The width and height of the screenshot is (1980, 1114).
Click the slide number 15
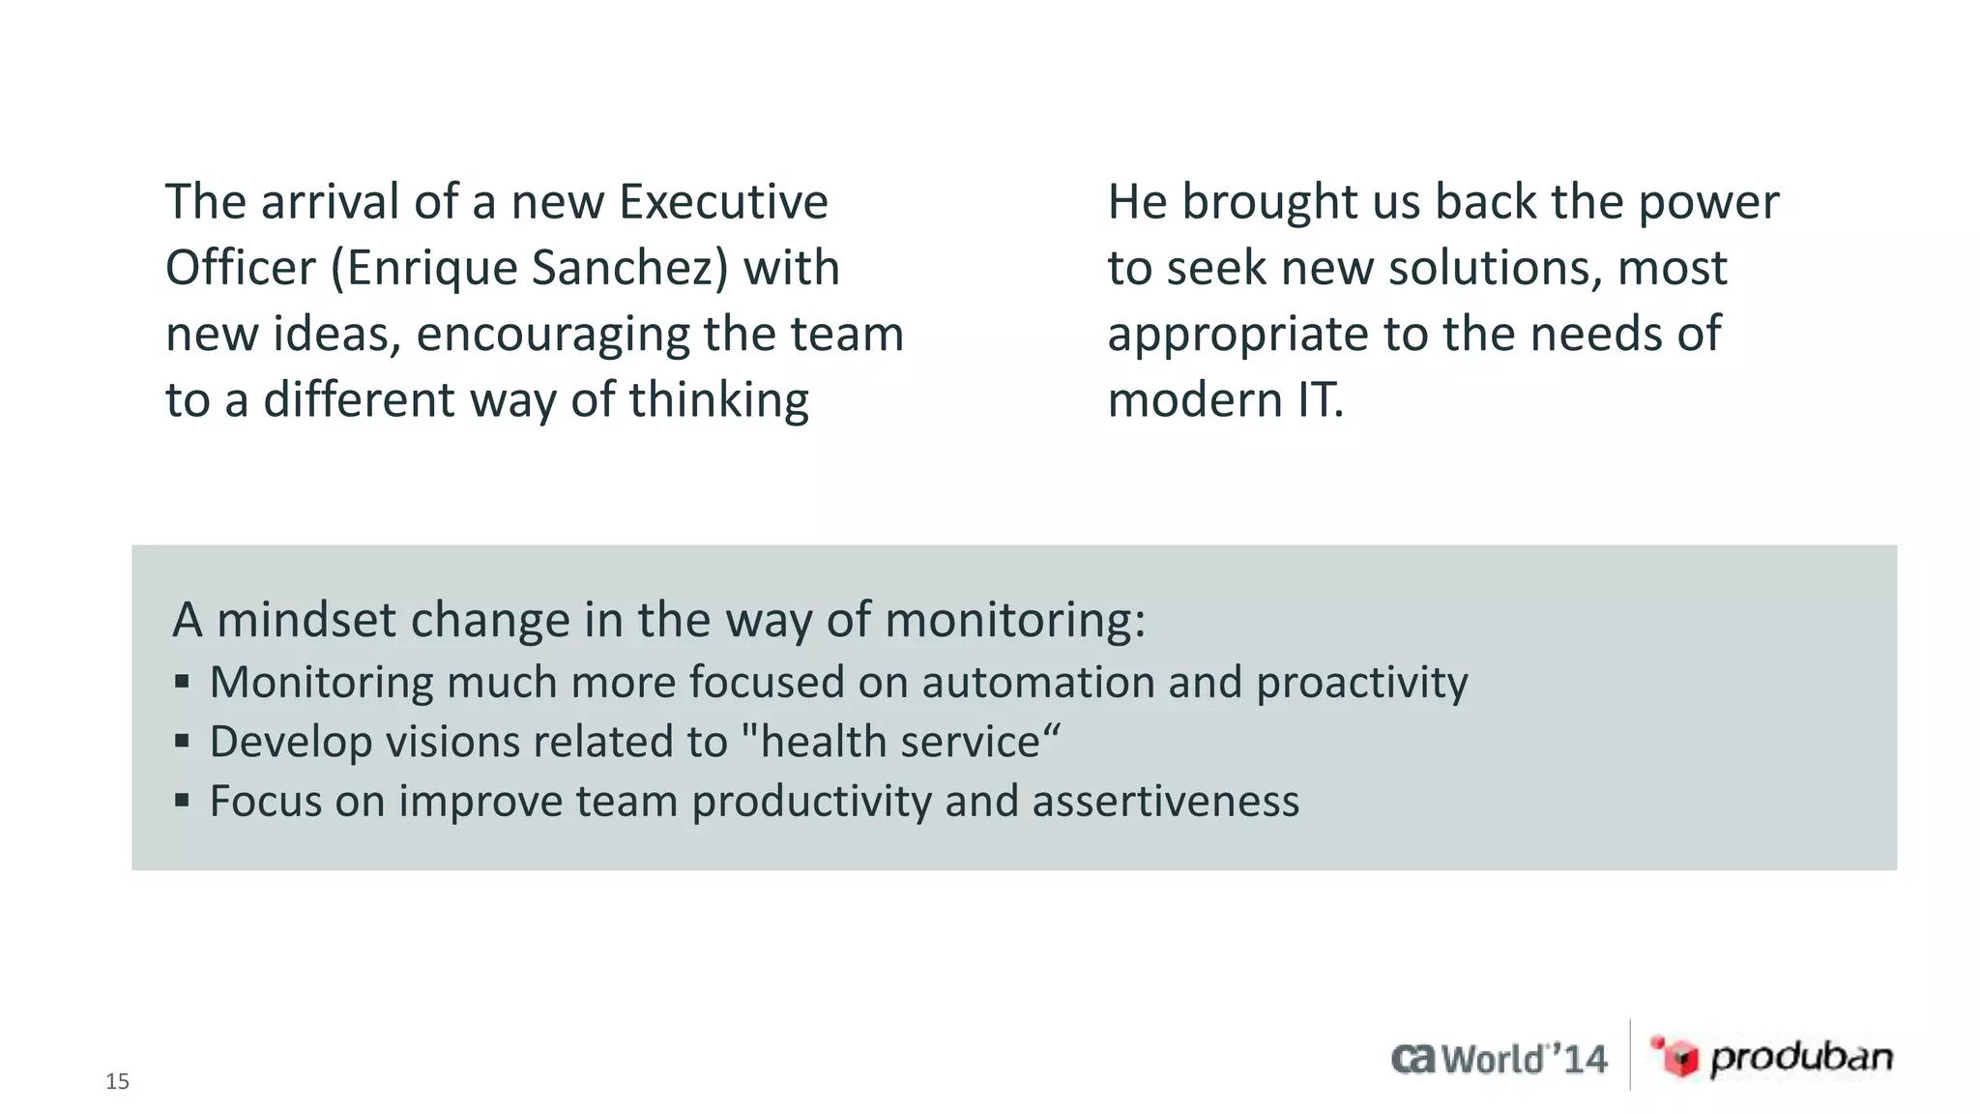(x=117, y=1081)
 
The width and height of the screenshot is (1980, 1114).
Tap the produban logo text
(x=1801, y=1058)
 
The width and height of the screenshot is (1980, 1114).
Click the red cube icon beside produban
(x=1676, y=1056)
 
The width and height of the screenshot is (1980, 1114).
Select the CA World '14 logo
(x=1500, y=1059)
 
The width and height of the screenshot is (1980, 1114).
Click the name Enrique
(x=431, y=269)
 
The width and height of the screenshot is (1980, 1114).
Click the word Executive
(x=723, y=202)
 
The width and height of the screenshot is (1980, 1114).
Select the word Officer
(x=241, y=268)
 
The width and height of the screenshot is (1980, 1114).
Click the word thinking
(x=719, y=400)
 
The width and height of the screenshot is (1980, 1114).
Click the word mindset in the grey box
(x=306, y=620)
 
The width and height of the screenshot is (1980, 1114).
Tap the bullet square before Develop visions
(x=182, y=742)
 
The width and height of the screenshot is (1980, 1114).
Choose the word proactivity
(x=1361, y=684)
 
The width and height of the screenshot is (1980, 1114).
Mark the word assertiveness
(x=1165, y=802)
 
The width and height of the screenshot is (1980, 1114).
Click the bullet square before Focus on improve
(x=182, y=801)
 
